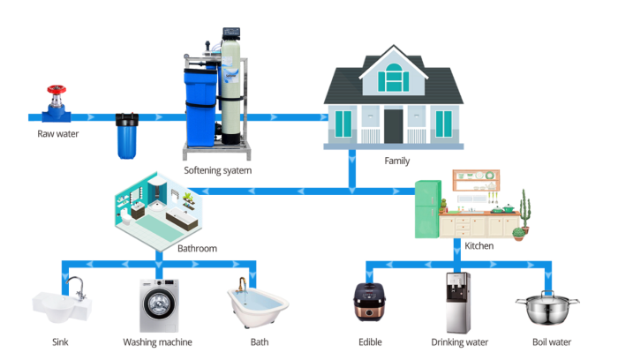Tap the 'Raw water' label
pyautogui.click(x=58, y=134)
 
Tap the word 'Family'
pyautogui.click(x=396, y=161)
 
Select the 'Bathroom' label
pyautogui.click(x=197, y=248)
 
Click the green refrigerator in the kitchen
pyautogui.click(x=429, y=208)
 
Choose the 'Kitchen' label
pyautogui.click(x=479, y=245)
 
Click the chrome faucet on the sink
pyautogui.click(x=77, y=286)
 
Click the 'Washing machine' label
pyautogui.click(x=157, y=342)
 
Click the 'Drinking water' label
pyautogui.click(x=458, y=342)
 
